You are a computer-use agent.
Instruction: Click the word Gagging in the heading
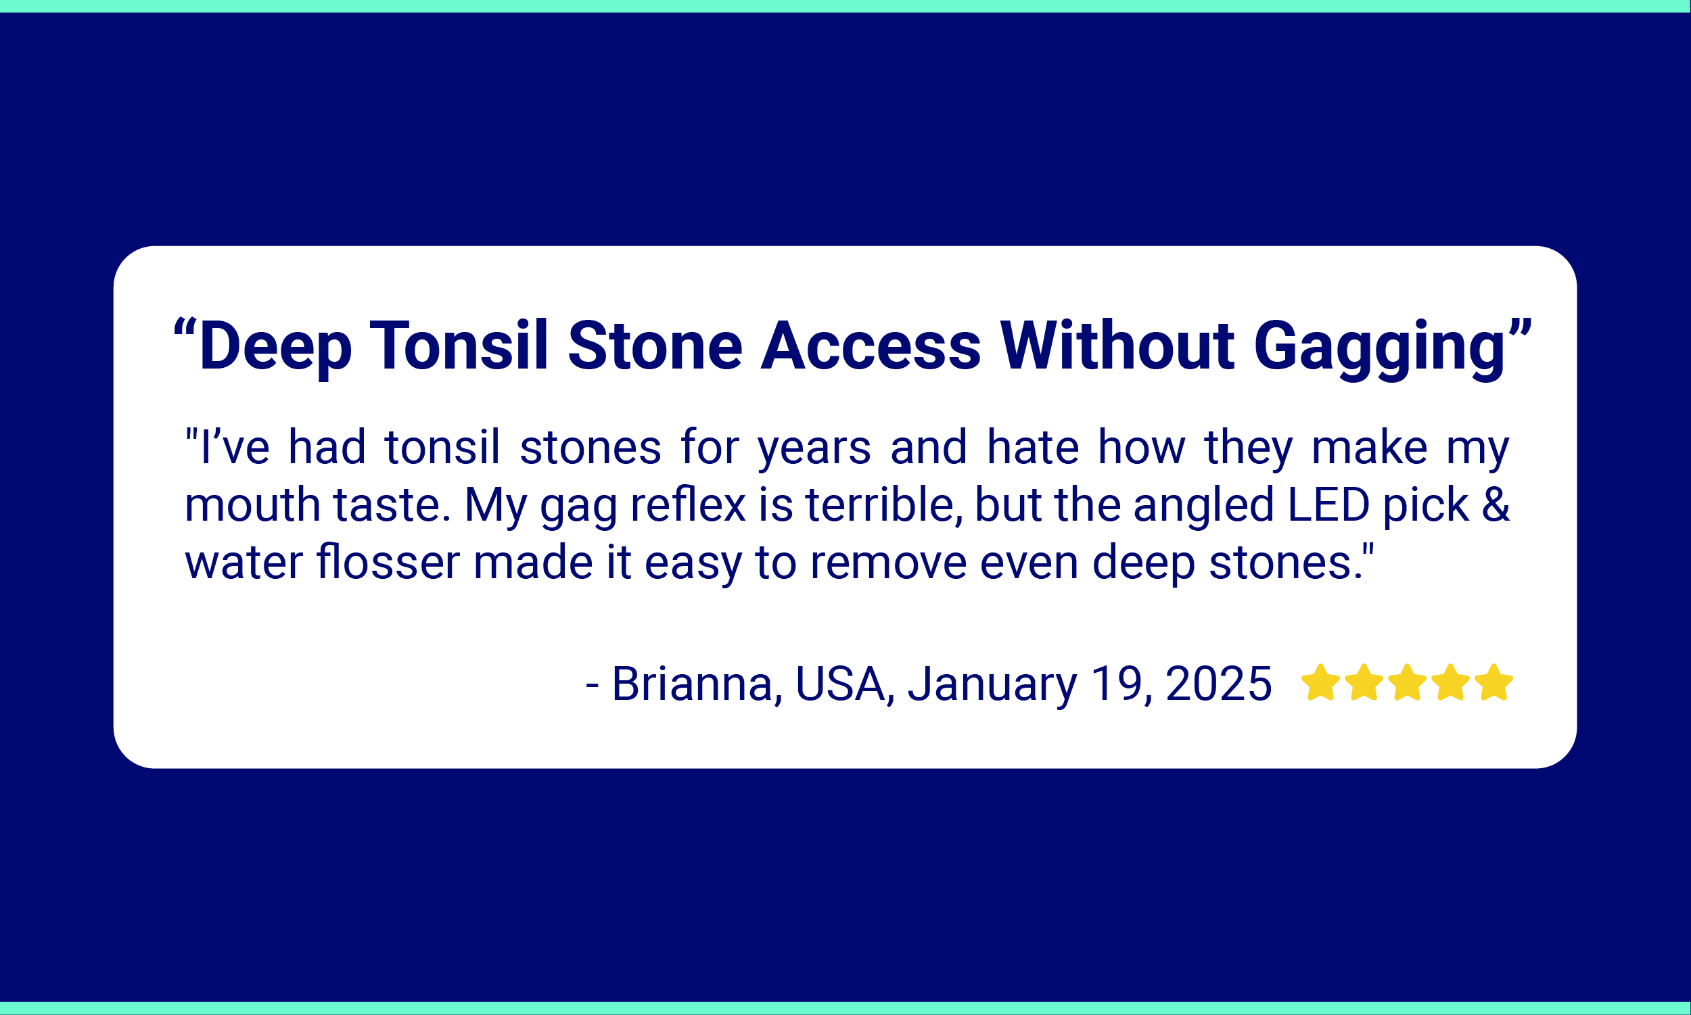tap(1379, 348)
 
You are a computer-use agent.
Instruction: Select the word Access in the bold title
tap(871, 346)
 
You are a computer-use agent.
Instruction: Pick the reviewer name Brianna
tap(691, 683)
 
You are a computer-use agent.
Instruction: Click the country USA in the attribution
tap(840, 683)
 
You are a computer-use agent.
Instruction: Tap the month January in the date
tap(992, 684)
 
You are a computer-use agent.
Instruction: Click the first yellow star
tap(1320, 682)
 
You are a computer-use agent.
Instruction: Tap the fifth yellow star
tap(1494, 682)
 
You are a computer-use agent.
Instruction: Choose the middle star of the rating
tap(1407, 682)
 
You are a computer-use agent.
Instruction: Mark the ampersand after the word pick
tap(1496, 504)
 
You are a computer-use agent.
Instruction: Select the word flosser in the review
tap(388, 562)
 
